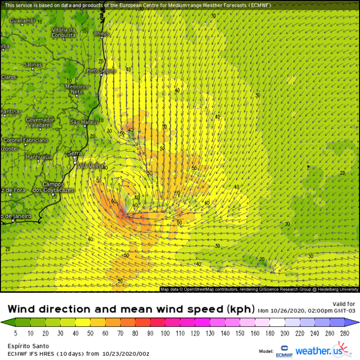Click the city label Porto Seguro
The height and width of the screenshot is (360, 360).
pyautogui.click(x=101, y=71)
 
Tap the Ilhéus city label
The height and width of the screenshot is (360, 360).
pyautogui.click(x=102, y=34)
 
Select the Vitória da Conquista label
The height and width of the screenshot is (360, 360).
pyautogui.click(x=64, y=32)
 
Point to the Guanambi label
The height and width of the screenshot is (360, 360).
pyautogui.click(x=22, y=21)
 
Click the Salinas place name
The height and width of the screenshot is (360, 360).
pyautogui.click(x=33, y=64)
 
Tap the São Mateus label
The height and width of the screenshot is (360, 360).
pyautogui.click(x=84, y=122)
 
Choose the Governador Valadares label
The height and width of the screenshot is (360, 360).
pyautogui.click(x=39, y=122)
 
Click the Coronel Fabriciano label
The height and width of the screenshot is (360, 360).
pyautogui.click(x=25, y=140)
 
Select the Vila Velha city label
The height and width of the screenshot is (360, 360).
pyautogui.click(x=90, y=166)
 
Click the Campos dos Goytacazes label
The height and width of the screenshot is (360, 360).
pyautogui.click(x=57, y=187)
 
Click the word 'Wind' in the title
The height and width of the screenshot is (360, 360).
pyautogui.click(x=24, y=309)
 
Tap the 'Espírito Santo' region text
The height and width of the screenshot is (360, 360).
pyautogui.click(x=25, y=345)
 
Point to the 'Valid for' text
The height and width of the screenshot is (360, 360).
pyautogui.click(x=344, y=304)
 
